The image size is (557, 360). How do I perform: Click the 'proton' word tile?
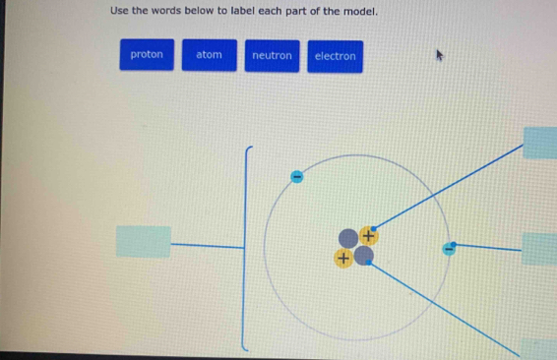[147, 55]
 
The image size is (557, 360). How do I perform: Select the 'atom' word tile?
[209, 55]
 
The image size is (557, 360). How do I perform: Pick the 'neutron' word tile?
[272, 55]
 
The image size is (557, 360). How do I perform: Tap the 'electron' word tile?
[335, 55]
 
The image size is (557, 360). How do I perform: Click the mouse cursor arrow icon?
[442, 57]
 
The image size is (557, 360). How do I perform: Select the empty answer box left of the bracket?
[143, 241]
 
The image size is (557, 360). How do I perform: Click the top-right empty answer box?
[541, 143]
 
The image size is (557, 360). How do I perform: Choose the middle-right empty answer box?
[540, 249]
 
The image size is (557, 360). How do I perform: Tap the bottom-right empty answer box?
[539, 349]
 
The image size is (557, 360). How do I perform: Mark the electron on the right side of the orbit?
[452, 246]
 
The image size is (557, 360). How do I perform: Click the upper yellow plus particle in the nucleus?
[369, 235]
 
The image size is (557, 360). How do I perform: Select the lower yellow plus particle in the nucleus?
[342, 258]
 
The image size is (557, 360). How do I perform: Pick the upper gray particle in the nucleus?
[348, 238]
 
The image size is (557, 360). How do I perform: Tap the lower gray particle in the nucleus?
[364, 257]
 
